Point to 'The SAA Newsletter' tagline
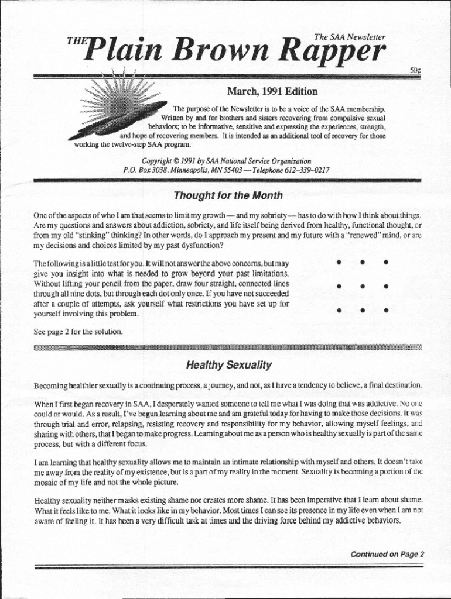(x=350, y=37)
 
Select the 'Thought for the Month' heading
(x=228, y=195)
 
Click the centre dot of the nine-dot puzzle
(x=363, y=287)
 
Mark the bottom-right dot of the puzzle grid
(x=385, y=311)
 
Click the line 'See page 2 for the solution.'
(x=78, y=332)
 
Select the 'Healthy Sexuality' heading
(x=228, y=366)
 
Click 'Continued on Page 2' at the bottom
(x=387, y=554)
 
